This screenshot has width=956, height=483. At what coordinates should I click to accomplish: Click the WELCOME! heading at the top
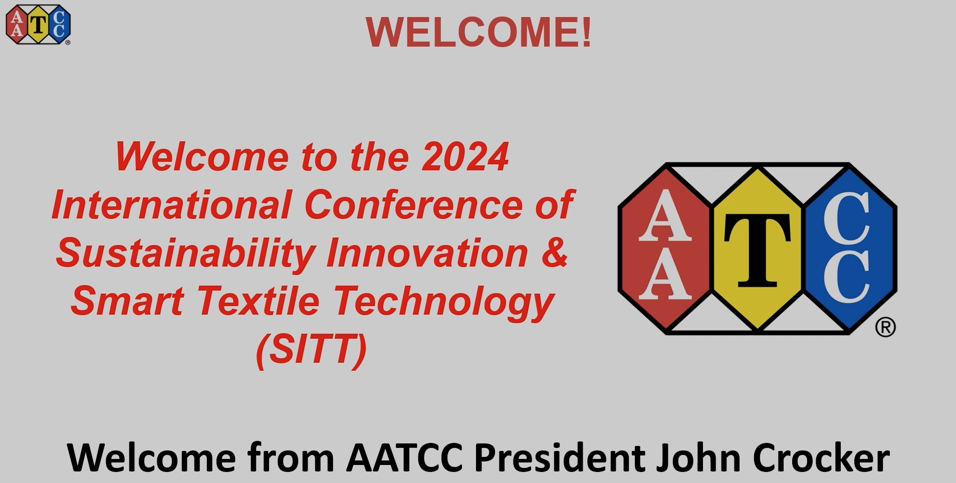479,32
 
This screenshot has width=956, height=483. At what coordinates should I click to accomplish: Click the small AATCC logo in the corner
38,25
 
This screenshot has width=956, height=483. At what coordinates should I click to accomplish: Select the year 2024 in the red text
465,157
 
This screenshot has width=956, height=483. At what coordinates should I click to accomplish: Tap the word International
172,204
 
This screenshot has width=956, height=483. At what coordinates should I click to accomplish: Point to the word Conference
413,204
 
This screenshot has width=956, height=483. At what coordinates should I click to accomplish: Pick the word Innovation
427,253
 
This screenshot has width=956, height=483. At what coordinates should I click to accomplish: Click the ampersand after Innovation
555,253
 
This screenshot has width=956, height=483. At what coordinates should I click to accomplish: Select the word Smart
127,301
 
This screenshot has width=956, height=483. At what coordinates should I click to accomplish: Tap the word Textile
259,301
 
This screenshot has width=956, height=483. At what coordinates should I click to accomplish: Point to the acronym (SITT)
311,350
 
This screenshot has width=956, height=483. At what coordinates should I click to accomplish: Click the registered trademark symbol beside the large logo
885,327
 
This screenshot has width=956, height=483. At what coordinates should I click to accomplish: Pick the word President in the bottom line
560,457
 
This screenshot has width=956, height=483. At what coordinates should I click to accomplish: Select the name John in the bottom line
699,457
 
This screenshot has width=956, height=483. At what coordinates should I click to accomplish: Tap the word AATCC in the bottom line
404,457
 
